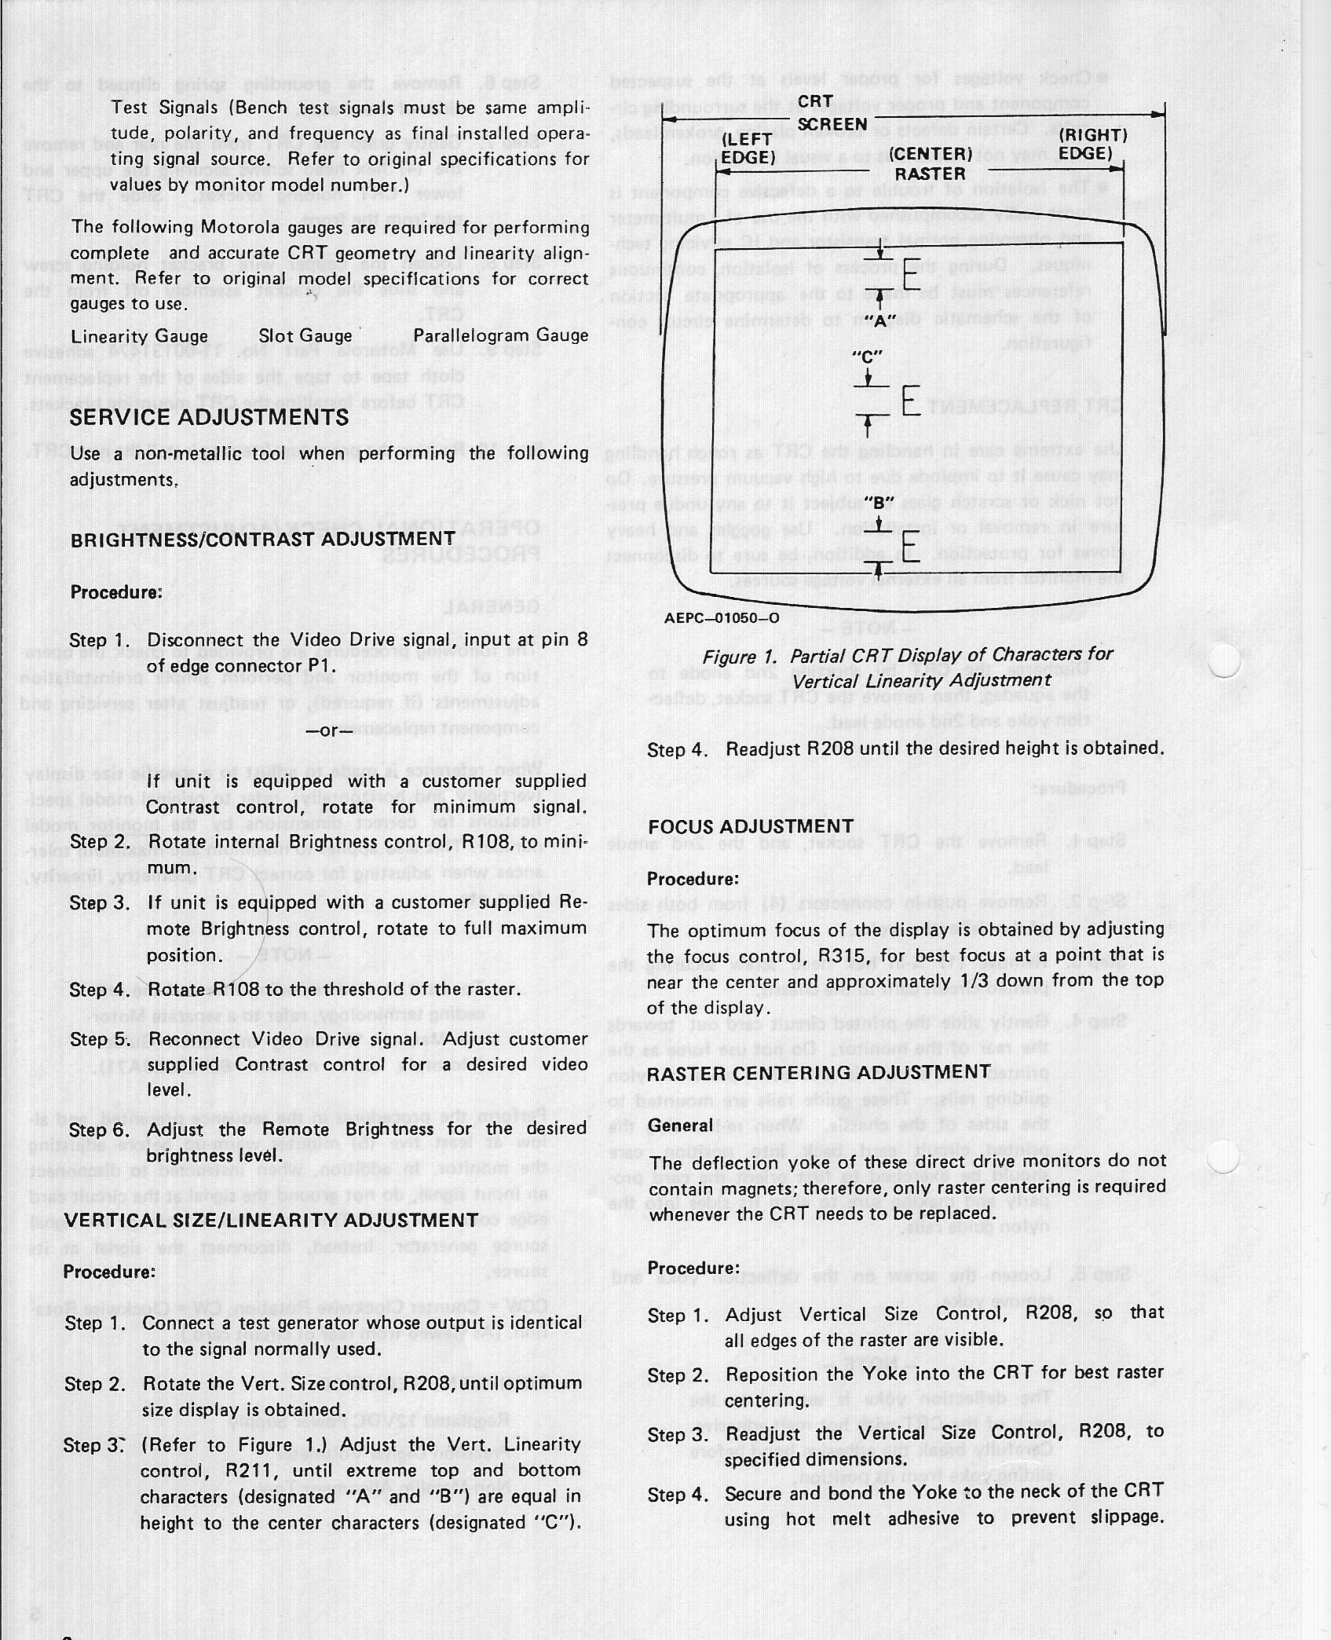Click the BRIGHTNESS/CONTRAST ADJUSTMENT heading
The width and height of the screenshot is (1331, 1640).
coord(263,539)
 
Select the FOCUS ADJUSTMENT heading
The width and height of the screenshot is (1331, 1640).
coord(750,825)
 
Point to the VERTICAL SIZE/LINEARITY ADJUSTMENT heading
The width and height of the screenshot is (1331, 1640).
coord(270,1220)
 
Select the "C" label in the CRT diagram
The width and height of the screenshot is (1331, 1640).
coord(868,355)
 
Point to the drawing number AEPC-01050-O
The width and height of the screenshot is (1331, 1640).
coord(722,617)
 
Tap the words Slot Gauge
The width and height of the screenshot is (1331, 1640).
coord(305,336)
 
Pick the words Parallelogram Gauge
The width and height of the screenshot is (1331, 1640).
coord(500,336)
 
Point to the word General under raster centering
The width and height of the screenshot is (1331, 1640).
coord(680,1125)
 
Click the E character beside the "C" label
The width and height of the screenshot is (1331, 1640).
coord(911,401)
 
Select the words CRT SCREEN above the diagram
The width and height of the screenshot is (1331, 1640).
coord(832,113)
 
